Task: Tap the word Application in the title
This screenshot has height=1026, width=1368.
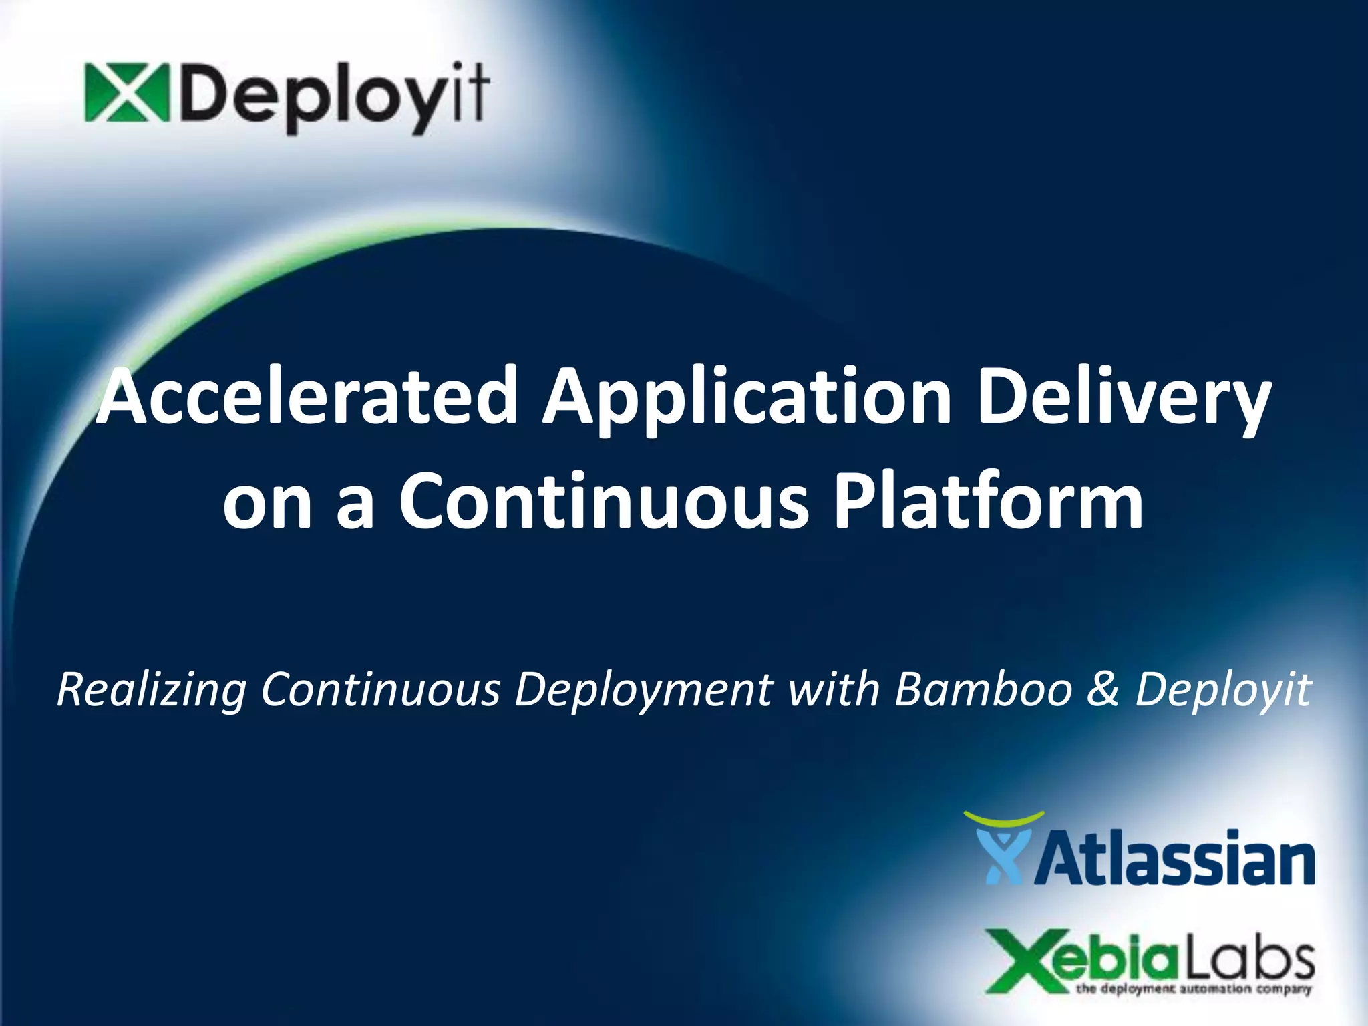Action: coord(745,398)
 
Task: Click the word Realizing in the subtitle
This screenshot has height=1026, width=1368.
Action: coord(151,689)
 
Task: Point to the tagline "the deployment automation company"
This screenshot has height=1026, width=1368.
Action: coord(1193,988)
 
